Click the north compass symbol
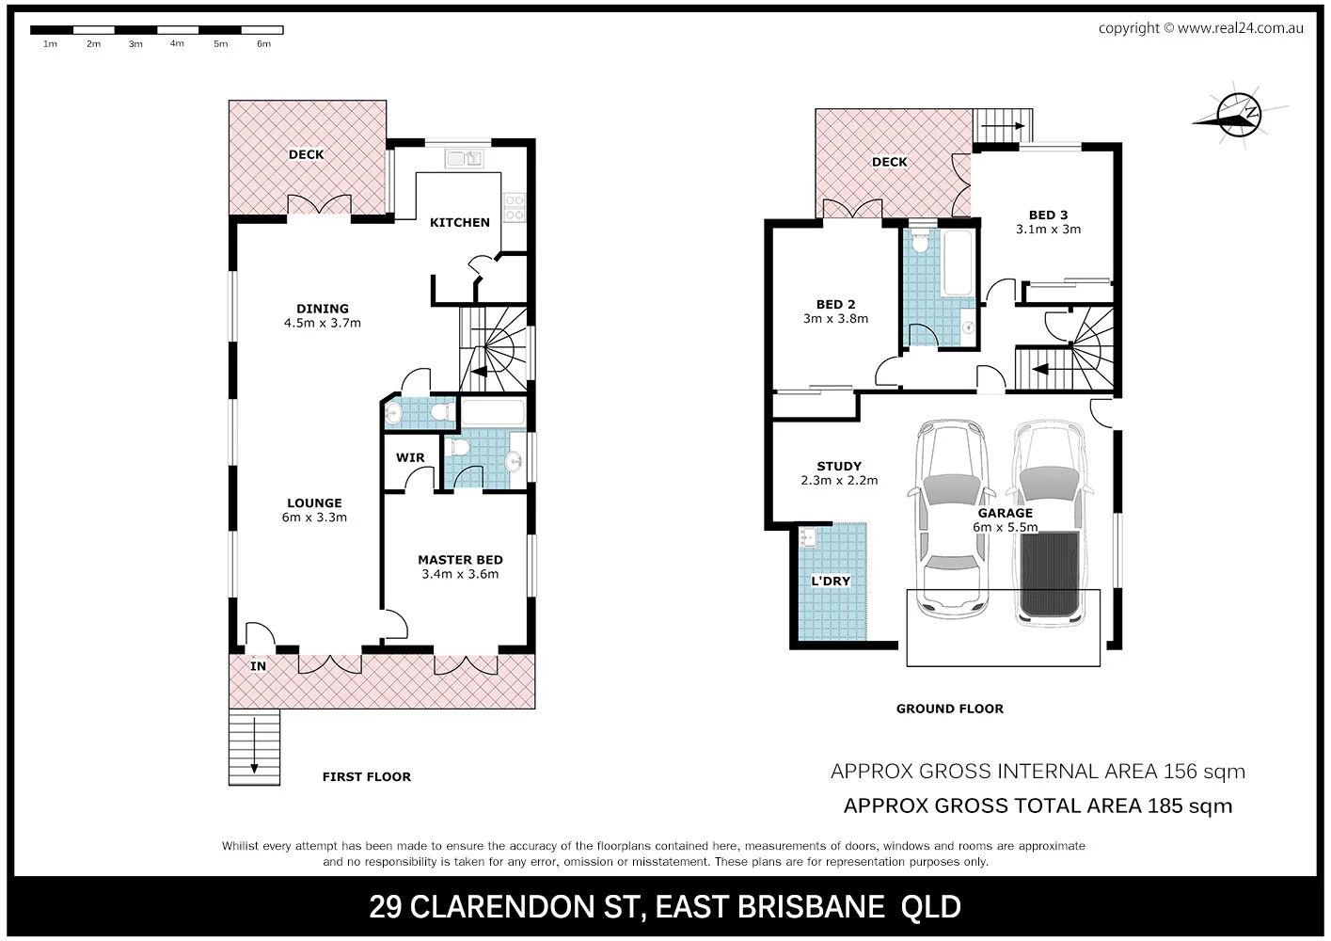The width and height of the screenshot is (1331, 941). [x=1239, y=115]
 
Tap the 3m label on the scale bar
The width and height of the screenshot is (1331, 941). [x=135, y=44]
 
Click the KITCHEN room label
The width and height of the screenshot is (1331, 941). [x=460, y=222]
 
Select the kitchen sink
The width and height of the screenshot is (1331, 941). [x=464, y=159]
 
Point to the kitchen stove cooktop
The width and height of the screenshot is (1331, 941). [x=514, y=207]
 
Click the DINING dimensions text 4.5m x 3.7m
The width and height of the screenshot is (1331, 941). [x=323, y=323]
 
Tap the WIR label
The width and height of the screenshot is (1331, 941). [x=410, y=457]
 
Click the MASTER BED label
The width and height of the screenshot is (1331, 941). [x=461, y=559]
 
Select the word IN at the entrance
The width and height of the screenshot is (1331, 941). [x=258, y=666]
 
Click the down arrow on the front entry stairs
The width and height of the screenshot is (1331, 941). [x=254, y=745]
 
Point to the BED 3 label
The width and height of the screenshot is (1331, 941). [x=1048, y=215]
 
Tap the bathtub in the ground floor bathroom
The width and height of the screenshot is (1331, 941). [x=958, y=263]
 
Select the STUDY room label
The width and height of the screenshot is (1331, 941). [x=839, y=466]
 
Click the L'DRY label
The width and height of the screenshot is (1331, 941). [x=831, y=581]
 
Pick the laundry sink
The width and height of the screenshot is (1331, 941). [x=808, y=536]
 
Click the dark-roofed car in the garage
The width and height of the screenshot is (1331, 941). [x=1050, y=523]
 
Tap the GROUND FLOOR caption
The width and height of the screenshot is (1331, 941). [x=949, y=709]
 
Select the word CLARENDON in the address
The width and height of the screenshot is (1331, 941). [x=526, y=906]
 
